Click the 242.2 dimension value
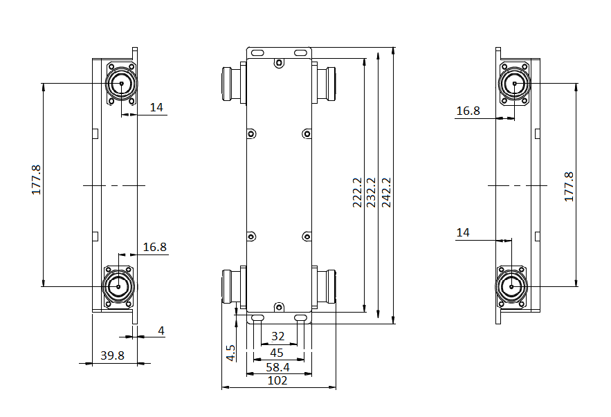[386, 192]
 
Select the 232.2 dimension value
[371, 192]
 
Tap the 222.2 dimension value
[357, 192]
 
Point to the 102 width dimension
[277, 380]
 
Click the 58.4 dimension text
[278, 367]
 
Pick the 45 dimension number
[277, 353]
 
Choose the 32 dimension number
[278, 336]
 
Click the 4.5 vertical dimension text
[230, 353]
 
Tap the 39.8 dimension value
[112, 355]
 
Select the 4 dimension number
[161, 331]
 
